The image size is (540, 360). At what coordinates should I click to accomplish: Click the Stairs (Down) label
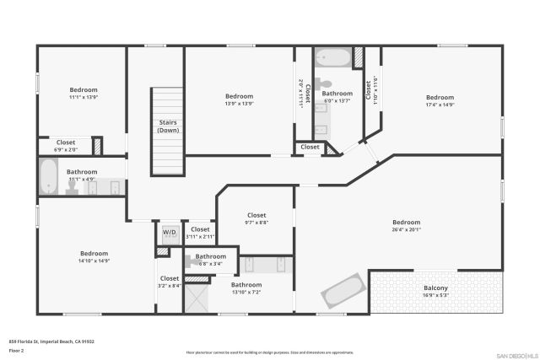tap(168, 126)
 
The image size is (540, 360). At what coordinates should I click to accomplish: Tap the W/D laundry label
tap(169, 232)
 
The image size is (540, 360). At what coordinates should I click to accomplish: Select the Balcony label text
tap(435, 288)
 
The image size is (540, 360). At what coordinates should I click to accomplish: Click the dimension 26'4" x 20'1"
tap(406, 229)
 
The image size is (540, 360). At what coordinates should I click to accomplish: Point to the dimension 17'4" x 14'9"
tap(440, 105)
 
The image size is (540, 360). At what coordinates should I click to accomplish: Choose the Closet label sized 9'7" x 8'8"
tap(256, 216)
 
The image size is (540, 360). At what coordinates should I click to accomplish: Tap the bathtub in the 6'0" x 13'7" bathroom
tap(331, 59)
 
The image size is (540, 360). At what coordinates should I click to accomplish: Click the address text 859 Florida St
tap(51, 341)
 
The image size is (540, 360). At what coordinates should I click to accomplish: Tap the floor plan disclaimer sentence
tap(270, 352)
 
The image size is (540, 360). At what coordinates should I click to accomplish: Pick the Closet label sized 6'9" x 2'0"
tap(66, 142)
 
